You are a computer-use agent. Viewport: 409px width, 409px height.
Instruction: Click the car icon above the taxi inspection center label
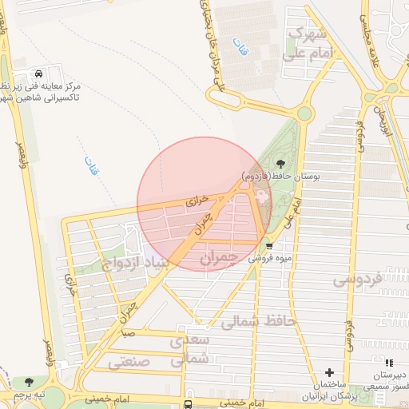pos(50,73)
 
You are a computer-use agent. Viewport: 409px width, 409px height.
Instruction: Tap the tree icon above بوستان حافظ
pos(279,164)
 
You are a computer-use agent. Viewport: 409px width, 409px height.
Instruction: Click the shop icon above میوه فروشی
pos(269,246)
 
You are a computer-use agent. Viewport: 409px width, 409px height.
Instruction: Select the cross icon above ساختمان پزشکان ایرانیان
pos(329,373)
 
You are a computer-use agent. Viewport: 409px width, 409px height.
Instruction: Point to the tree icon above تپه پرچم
pos(30,383)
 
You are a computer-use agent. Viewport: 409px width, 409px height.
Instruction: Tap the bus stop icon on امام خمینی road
pos(188,404)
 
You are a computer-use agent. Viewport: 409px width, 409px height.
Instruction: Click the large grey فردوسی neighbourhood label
pos(357,280)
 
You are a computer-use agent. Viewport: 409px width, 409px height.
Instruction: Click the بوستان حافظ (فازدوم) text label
pos(276,174)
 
